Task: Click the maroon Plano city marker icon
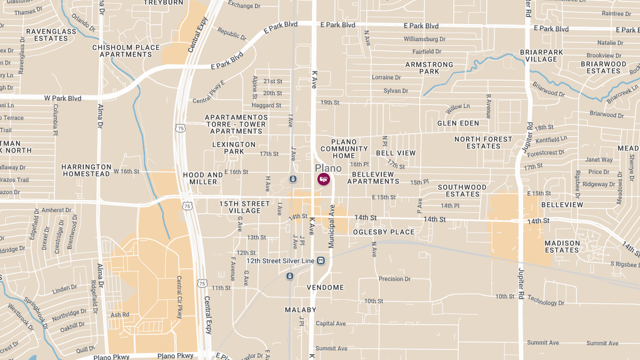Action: (323, 179)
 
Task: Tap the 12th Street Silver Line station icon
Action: (321, 261)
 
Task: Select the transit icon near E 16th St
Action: (293, 179)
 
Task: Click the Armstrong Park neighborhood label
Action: (429, 68)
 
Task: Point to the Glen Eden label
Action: (458, 123)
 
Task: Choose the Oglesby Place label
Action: (383, 232)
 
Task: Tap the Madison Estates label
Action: (562, 246)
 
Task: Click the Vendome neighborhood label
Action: (325, 287)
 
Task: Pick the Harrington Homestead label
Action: (86, 170)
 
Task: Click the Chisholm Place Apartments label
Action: (126, 51)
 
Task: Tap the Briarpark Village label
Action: (539, 55)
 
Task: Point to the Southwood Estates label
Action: (462, 190)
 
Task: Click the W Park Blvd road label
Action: (62, 99)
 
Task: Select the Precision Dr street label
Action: (394, 279)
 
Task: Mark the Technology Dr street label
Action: (546, 302)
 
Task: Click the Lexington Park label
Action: (234, 148)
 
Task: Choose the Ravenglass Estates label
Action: (51, 35)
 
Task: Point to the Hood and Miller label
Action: (203, 178)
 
